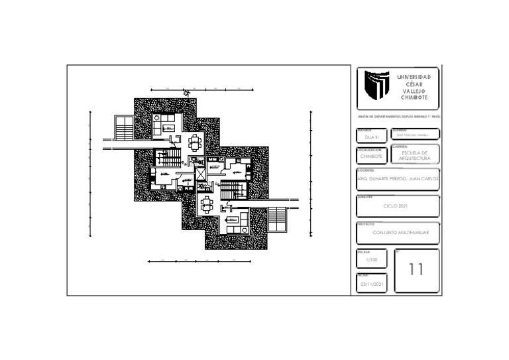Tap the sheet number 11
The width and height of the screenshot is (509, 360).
pos(416,269)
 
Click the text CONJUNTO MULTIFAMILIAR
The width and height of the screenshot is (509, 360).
pos(401,233)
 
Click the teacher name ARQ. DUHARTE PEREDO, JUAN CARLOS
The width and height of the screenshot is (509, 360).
pos(398,179)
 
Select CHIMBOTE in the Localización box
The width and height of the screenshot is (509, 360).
pos(371,156)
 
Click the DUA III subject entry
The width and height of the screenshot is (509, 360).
pos(371,136)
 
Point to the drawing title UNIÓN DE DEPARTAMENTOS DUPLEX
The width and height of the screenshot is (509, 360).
pos(398,116)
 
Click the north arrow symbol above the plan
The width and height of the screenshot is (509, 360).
pos(188,93)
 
